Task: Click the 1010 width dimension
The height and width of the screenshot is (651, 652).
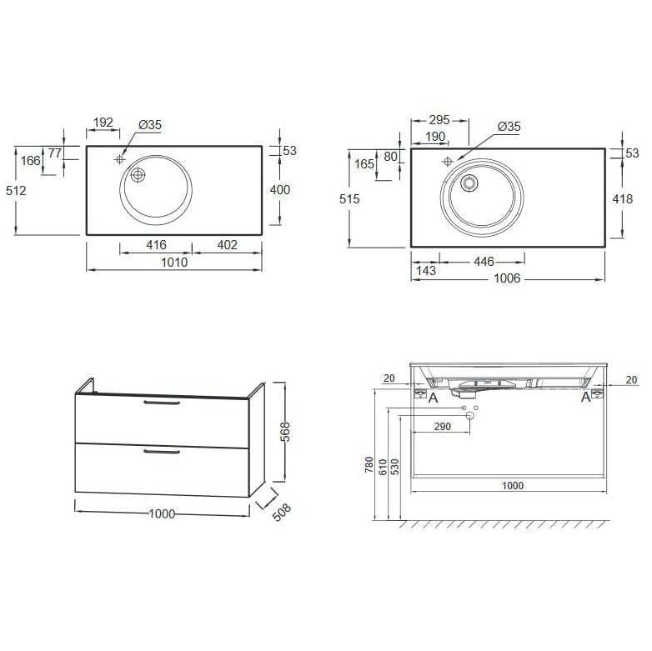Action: click(x=174, y=263)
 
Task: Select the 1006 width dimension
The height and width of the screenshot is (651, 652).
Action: click(x=507, y=278)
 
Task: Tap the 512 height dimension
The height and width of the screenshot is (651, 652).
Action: click(x=16, y=191)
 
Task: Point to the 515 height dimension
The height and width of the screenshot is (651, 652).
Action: click(x=349, y=199)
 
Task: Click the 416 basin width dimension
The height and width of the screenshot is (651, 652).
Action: click(x=157, y=245)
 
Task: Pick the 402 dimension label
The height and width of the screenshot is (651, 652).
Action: click(x=228, y=245)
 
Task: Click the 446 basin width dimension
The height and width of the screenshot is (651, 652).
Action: click(x=484, y=262)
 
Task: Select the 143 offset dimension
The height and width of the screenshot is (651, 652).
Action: click(x=426, y=271)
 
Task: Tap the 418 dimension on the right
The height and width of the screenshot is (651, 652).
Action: click(x=623, y=199)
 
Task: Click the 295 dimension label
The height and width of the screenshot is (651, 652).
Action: click(x=439, y=120)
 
